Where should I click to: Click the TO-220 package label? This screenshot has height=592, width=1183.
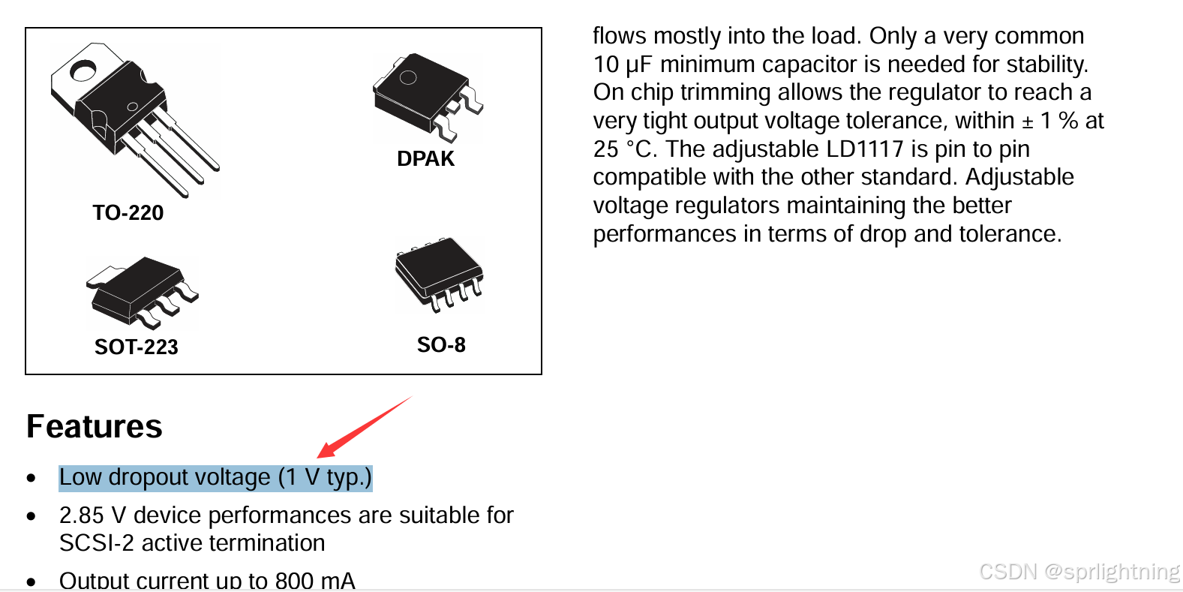coord(128,212)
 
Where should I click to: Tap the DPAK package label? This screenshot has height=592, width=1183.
coord(425,158)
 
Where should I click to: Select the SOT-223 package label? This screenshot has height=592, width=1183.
coord(136,347)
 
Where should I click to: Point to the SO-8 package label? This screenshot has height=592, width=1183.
coord(441,344)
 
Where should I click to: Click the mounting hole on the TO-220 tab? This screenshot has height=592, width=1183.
coord(82,71)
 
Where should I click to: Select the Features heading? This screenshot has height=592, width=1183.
coord(95,426)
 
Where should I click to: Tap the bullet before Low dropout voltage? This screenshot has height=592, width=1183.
coord(31,478)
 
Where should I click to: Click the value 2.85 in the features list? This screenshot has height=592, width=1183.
coord(81,515)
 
